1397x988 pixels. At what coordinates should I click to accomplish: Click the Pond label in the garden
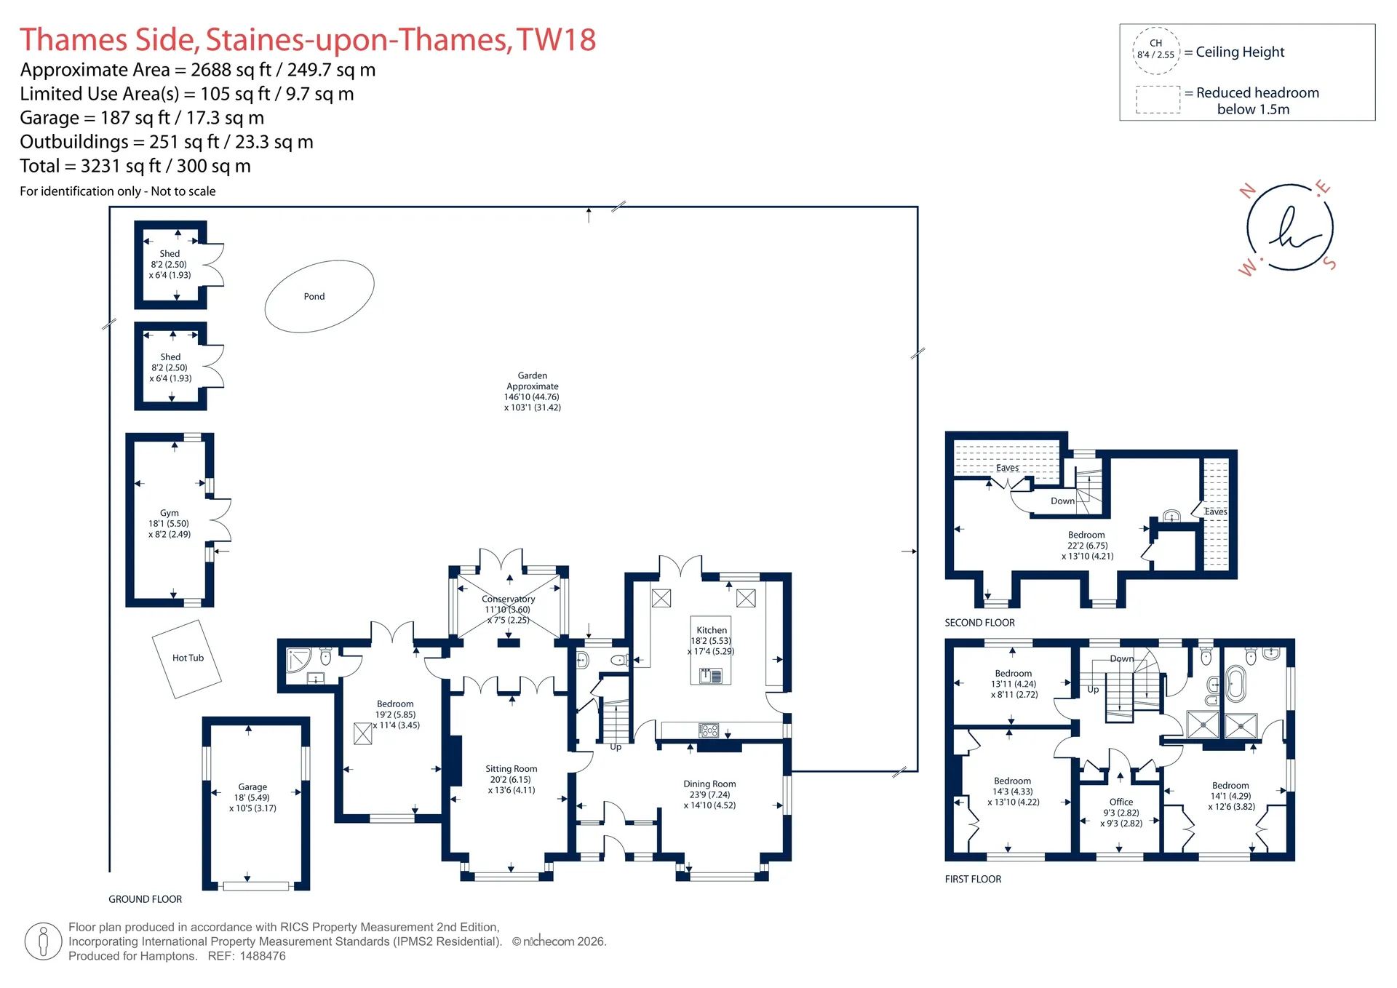tap(314, 297)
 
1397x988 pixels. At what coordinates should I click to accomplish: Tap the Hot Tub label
tap(188, 658)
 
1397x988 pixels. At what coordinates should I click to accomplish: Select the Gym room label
tap(170, 513)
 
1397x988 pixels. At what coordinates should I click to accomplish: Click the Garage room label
tap(252, 787)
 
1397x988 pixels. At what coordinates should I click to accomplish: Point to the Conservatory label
tap(508, 599)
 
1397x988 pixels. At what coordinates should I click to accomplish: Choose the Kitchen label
tap(712, 631)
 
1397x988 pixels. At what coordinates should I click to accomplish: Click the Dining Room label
tap(709, 784)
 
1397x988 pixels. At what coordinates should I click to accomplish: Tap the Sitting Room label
tap(512, 769)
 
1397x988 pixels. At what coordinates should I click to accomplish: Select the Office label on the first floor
tap(1121, 802)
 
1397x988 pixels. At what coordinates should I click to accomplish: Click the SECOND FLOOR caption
tap(979, 623)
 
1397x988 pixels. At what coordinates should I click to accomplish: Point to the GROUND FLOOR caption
tap(146, 899)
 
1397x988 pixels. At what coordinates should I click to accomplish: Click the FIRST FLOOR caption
tap(973, 880)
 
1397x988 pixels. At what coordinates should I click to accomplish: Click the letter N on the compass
tap(1248, 191)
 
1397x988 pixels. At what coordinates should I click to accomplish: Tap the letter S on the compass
tap(1330, 263)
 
